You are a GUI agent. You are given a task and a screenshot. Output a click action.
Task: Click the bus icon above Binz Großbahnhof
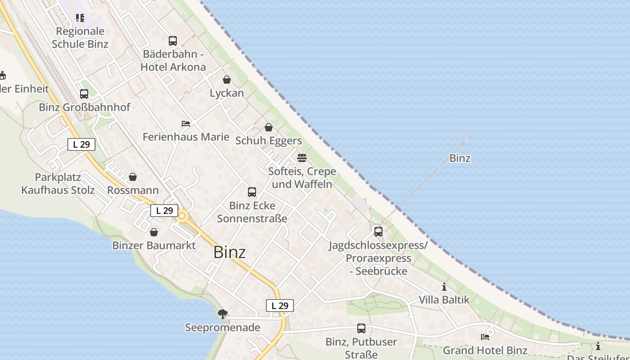tap(84, 94)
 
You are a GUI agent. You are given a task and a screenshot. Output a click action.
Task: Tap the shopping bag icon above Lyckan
tap(227, 80)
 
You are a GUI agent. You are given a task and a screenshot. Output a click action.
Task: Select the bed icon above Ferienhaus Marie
tap(186, 123)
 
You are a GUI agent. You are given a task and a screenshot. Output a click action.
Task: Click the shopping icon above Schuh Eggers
tap(269, 127)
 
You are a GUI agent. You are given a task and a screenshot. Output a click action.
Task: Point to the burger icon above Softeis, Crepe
tap(301, 158)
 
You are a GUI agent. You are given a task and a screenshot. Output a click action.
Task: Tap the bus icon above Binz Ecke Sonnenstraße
tap(252, 192)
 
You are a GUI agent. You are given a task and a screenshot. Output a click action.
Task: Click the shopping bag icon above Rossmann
tap(133, 177)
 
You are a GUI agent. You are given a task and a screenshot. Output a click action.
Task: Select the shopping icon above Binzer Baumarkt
tap(154, 232)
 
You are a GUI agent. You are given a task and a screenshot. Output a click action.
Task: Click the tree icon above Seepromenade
tap(222, 314)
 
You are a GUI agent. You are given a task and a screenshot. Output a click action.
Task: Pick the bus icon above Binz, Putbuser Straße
tap(361, 328)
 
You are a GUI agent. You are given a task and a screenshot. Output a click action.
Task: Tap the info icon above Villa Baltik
tap(444, 287)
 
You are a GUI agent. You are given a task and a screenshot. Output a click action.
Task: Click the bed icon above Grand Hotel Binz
tap(485, 337)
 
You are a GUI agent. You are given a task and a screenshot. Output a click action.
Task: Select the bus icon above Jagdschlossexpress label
tap(378, 232)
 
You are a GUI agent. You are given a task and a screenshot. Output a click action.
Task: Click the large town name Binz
tap(229, 252)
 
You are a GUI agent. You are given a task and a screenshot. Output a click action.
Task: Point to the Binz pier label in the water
tap(460, 158)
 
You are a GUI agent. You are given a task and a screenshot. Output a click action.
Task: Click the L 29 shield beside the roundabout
tap(164, 211)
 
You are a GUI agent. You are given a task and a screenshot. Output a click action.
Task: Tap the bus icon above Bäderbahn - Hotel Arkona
tap(173, 41)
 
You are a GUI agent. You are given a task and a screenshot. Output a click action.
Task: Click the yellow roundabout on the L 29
tap(182, 216)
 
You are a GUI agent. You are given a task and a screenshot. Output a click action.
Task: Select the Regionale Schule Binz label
tap(80, 37)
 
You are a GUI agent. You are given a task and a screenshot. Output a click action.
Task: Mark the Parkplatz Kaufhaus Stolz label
tap(58, 184)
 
